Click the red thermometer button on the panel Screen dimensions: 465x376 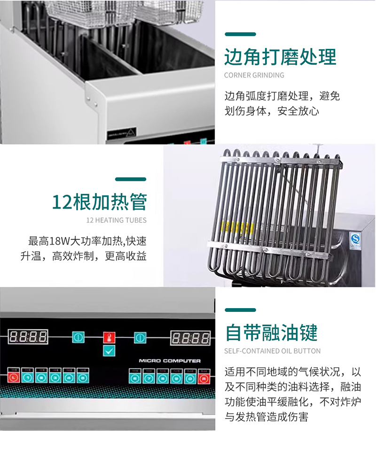109,337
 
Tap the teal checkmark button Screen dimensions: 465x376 109,350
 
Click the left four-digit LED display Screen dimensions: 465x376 28,336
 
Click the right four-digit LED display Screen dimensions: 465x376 190,338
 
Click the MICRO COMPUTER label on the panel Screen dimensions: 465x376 170,361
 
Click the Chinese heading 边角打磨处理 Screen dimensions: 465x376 280,57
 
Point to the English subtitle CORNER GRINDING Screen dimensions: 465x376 254,75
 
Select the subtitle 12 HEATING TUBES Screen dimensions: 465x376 116,220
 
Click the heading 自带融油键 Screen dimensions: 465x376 271,333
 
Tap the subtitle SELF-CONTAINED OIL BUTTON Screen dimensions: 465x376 272,351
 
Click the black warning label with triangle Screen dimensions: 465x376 122,131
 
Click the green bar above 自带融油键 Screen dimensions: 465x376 240,310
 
